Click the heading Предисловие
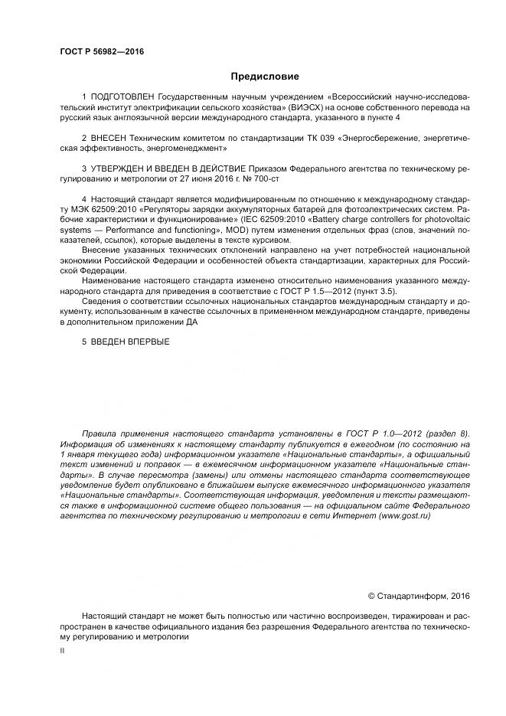click(x=264, y=77)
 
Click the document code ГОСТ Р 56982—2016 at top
click(x=102, y=52)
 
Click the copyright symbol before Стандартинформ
click(x=372, y=596)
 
